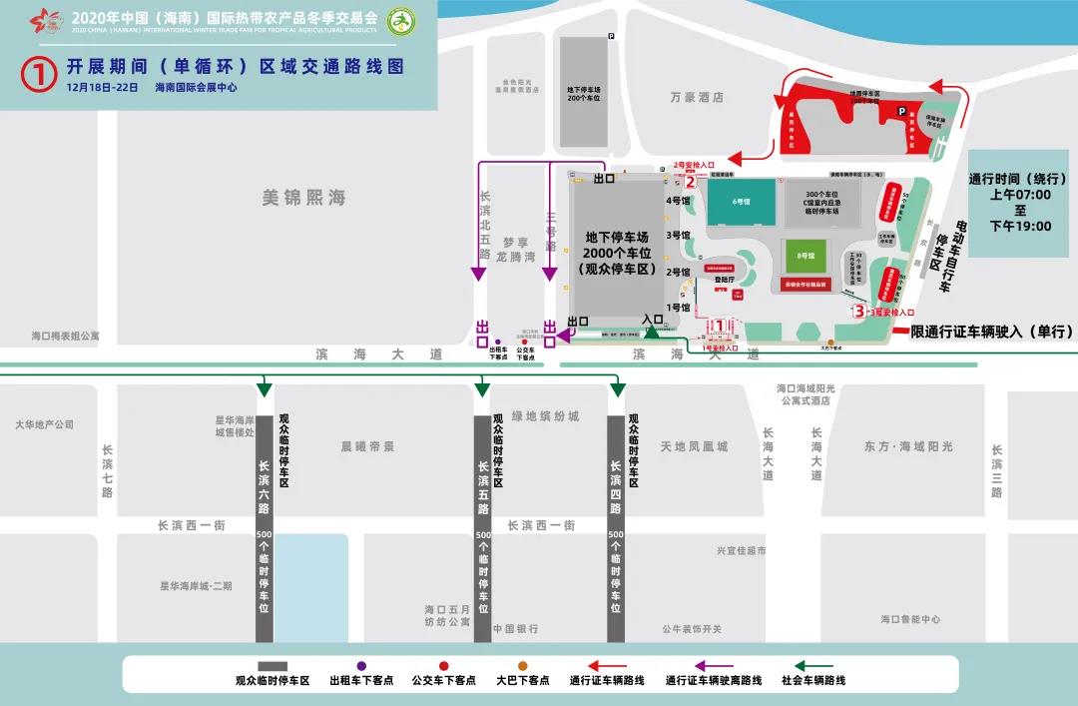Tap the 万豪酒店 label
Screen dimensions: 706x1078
click(697, 98)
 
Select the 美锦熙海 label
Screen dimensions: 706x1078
click(303, 198)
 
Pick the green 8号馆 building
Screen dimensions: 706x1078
click(806, 257)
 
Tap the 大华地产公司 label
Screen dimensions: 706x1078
click(45, 424)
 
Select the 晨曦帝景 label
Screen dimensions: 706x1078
click(368, 446)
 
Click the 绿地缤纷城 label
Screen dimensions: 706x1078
click(546, 416)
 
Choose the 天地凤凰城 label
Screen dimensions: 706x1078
click(694, 446)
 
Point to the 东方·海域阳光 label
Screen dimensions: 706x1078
click(908, 446)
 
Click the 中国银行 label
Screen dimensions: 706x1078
click(516, 629)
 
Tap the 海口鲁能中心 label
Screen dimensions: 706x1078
click(910, 619)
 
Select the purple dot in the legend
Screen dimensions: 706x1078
click(361, 665)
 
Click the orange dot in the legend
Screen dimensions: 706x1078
click(522, 665)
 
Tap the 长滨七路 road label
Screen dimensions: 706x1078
click(108, 470)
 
